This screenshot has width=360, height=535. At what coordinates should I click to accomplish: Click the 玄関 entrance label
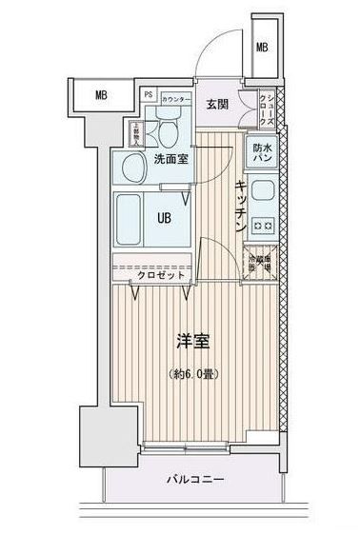(x=214, y=104)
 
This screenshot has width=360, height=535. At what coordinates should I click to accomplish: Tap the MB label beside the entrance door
(x=261, y=48)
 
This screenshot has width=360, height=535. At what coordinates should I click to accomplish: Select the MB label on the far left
(x=100, y=93)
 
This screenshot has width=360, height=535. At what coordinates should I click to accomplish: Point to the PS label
(x=149, y=95)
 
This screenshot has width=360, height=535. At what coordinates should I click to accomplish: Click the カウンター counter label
(x=174, y=99)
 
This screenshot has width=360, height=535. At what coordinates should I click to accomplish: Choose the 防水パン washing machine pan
(x=262, y=151)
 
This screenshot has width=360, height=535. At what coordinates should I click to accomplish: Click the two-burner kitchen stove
(x=262, y=225)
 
